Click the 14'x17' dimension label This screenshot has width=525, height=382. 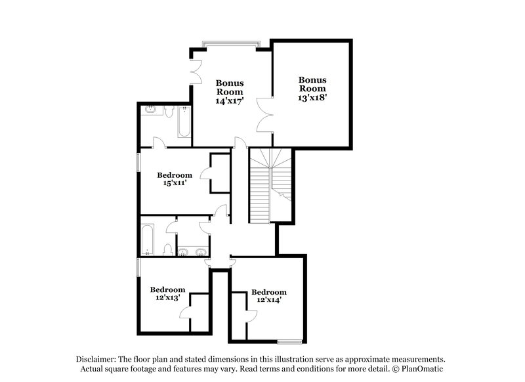(230, 102)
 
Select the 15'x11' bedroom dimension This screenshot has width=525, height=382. (174, 184)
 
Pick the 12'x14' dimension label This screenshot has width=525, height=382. (269, 301)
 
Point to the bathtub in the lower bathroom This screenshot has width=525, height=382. (148, 239)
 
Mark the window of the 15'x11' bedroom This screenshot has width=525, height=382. (138, 162)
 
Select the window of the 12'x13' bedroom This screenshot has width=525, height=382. (138, 266)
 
